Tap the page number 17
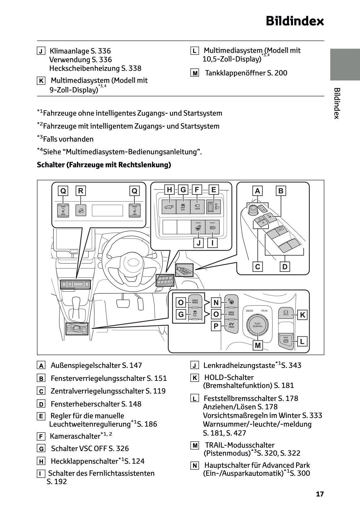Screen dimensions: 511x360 pos(320,494)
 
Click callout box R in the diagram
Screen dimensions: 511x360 pos(81,191)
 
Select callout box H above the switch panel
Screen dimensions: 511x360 pos(169,189)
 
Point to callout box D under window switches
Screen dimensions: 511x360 pos(285,266)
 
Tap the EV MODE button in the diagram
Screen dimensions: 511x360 pos(231,325)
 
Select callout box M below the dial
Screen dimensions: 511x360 pos(257,345)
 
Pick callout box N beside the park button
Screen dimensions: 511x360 pos(216,302)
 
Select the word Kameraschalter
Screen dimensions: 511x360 pos(75,436)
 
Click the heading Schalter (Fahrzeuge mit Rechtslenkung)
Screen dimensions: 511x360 pos(104,165)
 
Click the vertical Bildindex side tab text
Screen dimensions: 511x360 pos(337,103)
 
